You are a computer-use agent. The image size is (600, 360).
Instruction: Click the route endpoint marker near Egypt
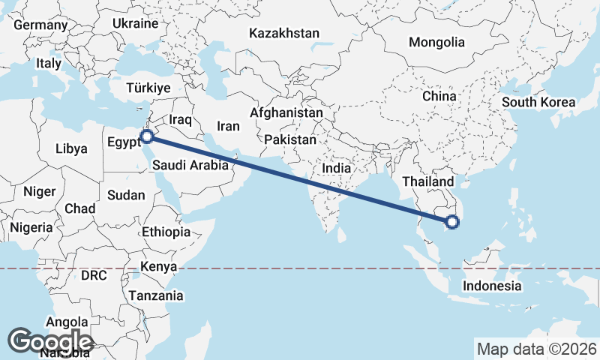[x=148, y=136]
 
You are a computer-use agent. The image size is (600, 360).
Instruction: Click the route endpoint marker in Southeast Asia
[x=451, y=221]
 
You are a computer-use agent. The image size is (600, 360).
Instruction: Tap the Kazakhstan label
[x=284, y=34]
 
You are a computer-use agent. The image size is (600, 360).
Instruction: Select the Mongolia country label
[x=436, y=43]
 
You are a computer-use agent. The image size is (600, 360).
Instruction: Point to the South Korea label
[x=538, y=103]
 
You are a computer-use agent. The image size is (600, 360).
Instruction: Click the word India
[x=337, y=169]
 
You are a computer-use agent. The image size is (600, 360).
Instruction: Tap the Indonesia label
[x=492, y=286]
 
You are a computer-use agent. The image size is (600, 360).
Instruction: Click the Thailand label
[x=427, y=181]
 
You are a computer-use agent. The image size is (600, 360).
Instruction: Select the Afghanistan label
[x=286, y=113]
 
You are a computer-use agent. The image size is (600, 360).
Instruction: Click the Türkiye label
[x=148, y=87]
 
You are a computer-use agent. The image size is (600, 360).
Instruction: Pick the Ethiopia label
[x=166, y=232]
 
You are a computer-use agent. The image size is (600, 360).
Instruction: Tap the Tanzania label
[x=156, y=295]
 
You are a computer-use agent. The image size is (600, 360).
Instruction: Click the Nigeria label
[x=31, y=226]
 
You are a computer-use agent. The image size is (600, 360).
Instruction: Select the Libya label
[x=71, y=148]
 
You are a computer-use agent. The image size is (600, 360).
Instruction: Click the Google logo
[x=50, y=341]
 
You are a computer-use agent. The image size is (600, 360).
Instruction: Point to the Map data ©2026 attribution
[x=536, y=349]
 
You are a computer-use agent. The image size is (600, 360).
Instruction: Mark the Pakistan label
[x=290, y=140]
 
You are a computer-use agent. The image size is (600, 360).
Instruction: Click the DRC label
[x=94, y=275]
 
